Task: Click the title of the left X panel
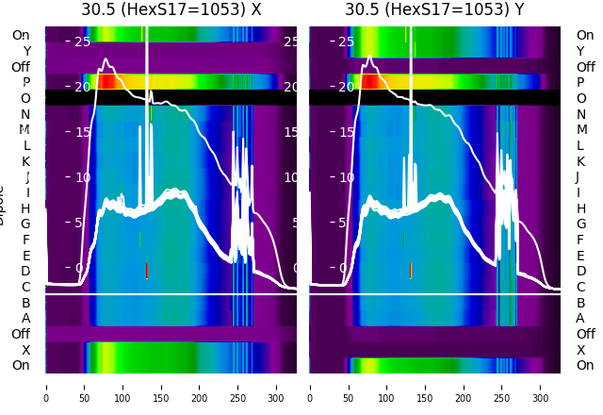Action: click(x=171, y=10)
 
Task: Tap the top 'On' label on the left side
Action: click(x=21, y=36)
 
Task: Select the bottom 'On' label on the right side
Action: click(x=585, y=366)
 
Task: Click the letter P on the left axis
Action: click(x=26, y=83)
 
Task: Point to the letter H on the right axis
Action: click(x=581, y=208)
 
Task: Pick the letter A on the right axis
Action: click(x=581, y=319)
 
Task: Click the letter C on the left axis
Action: click(x=26, y=287)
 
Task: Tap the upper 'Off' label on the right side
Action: click(x=585, y=67)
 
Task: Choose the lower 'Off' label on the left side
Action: click(x=21, y=334)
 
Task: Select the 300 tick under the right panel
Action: click(x=541, y=386)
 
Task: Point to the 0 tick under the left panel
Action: click(x=46, y=386)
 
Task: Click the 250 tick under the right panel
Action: click(x=502, y=386)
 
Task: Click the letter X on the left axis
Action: click(x=26, y=350)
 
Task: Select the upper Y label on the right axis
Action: click(x=581, y=51)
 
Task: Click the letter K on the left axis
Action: click(x=26, y=161)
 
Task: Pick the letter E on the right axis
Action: click(x=581, y=256)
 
